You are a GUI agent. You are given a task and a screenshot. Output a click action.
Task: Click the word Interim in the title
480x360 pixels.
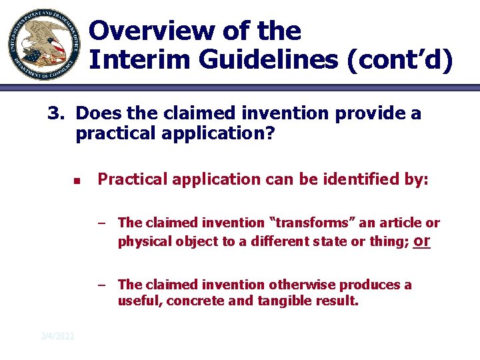[137, 59]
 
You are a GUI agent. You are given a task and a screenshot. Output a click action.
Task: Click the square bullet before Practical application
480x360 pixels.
[77, 180]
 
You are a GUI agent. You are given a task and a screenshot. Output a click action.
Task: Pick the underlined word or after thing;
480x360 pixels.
[421, 241]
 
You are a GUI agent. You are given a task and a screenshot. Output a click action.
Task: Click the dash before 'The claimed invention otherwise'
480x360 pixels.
[101, 285]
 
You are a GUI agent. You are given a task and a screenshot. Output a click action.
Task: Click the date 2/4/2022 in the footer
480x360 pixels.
[57, 335]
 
